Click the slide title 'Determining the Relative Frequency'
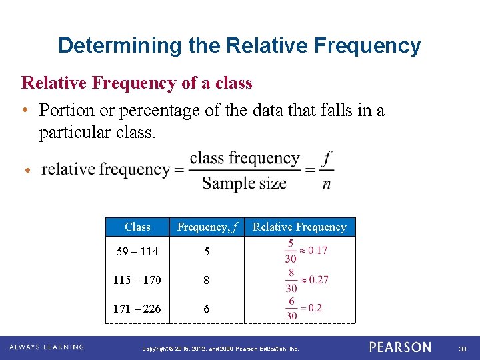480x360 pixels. pos(239,45)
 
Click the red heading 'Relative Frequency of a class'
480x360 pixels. pos(137,83)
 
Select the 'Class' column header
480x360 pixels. pos(137,227)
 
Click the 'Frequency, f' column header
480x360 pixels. pos(207,227)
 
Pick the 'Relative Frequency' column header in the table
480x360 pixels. pos(299,227)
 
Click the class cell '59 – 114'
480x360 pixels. pos(137,251)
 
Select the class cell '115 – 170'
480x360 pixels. pos(137,280)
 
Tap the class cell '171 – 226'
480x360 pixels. pos(137,309)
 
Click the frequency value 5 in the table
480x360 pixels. pos(207,252)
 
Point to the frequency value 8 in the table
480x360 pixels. pos(207,281)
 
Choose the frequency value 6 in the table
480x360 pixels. pos(207,309)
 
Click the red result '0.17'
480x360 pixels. pos(317,251)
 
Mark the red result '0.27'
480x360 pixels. pos(319,279)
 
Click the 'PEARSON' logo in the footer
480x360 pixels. pos(400,347)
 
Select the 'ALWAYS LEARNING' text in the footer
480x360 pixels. pos(47,347)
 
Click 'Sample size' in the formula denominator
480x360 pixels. pos(244,183)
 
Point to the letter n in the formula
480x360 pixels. pos(326,183)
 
